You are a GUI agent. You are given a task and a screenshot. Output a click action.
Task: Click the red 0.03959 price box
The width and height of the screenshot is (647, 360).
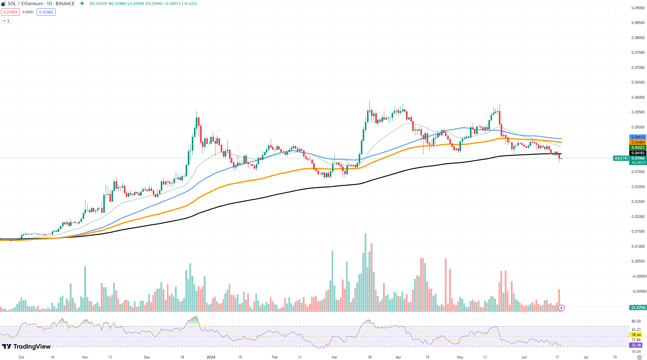(10, 12)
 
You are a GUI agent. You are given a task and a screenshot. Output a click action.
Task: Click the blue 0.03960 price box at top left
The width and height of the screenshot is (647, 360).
(46, 12)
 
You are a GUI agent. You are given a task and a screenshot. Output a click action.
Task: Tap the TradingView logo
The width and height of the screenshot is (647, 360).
(26, 346)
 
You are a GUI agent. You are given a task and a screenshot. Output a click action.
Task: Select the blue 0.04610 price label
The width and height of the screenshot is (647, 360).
(638, 137)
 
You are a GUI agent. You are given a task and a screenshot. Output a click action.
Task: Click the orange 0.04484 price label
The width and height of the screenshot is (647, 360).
(638, 142)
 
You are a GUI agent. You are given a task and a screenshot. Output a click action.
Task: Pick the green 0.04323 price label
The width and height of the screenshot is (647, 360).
(638, 148)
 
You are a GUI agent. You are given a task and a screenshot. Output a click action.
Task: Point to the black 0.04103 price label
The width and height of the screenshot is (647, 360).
(638, 153)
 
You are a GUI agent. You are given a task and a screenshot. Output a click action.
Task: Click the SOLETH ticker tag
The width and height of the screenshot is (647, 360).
(621, 158)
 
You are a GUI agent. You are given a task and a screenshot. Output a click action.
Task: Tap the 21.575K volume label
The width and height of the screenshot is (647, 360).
(638, 308)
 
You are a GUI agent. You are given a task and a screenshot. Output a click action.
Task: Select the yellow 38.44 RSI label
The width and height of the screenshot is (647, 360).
(636, 335)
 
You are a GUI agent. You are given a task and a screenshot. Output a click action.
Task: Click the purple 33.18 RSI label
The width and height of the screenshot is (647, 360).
(636, 345)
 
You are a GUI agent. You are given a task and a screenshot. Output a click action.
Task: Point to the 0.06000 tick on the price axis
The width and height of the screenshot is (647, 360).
(638, 97)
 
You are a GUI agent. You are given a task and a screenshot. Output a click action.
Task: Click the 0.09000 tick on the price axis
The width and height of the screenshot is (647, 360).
(638, 8)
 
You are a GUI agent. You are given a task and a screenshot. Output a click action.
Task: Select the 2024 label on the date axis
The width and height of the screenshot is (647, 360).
(211, 357)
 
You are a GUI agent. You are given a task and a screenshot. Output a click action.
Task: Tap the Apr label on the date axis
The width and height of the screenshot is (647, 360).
(398, 357)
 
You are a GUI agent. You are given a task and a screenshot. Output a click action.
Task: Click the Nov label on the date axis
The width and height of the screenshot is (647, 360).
(85, 357)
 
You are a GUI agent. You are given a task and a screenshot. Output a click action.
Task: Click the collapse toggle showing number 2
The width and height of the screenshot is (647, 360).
(6, 21)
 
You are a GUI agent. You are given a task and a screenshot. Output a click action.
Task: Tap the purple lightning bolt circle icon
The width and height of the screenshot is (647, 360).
(561, 308)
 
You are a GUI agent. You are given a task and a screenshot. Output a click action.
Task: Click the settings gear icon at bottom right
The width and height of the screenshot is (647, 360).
(639, 357)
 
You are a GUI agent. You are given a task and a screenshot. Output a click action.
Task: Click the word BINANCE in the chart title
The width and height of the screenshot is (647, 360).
(65, 4)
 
